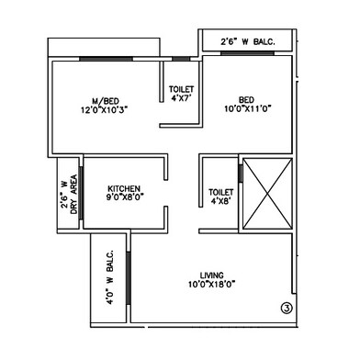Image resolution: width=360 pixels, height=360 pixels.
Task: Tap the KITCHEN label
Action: click(122, 185)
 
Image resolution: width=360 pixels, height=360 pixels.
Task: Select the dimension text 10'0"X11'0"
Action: click(246, 108)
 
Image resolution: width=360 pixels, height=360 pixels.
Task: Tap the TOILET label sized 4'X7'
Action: click(182, 90)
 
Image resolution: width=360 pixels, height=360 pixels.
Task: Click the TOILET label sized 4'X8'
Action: click(220, 191)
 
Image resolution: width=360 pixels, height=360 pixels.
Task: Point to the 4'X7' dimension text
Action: click(182, 99)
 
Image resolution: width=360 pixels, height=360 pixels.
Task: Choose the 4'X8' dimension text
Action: click(220, 200)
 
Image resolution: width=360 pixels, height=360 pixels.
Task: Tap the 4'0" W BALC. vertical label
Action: click(108, 276)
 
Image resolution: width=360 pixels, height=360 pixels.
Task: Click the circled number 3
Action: click(286, 309)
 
